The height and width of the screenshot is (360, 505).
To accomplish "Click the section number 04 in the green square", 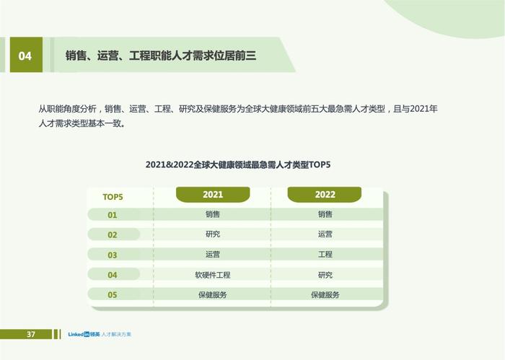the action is click(25, 56).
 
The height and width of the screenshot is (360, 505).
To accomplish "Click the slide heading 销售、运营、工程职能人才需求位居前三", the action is click(161, 56).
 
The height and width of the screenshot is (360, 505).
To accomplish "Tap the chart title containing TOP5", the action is click(238, 164).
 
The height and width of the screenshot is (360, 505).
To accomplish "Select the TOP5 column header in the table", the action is click(113, 197).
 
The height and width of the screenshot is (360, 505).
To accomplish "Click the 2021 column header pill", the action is click(213, 195).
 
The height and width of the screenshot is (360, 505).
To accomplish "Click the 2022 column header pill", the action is click(325, 195).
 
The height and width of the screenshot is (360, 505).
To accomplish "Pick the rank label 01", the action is click(112, 215).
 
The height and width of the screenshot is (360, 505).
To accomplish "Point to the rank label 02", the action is click(112, 234).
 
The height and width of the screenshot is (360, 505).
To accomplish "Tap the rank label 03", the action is click(112, 255).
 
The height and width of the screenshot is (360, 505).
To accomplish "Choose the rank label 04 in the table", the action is click(112, 275).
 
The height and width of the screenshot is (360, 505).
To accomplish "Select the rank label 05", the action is click(112, 294).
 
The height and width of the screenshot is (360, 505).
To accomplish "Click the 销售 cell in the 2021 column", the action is click(213, 214).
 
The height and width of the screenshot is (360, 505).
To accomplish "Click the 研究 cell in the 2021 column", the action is click(213, 234).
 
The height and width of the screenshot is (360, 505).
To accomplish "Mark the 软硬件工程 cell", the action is click(213, 275).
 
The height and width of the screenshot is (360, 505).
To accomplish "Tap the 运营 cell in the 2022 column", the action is click(325, 234).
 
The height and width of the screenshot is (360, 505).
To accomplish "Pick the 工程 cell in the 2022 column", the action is click(325, 255).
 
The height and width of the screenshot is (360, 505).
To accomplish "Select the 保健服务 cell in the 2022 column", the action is click(325, 294).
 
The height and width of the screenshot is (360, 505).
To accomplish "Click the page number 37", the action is click(31, 334).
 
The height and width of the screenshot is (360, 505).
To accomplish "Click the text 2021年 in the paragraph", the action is click(424, 109).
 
